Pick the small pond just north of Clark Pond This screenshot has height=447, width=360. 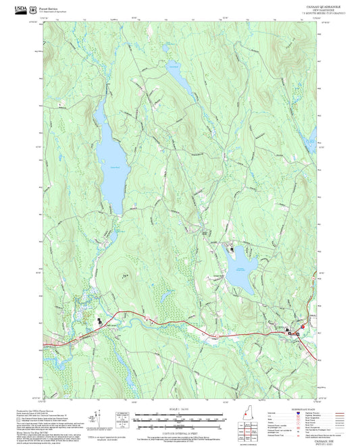point(164,50)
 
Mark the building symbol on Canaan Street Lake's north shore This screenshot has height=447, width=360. point(232,249)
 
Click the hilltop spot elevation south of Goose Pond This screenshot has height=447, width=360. point(124,275)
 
